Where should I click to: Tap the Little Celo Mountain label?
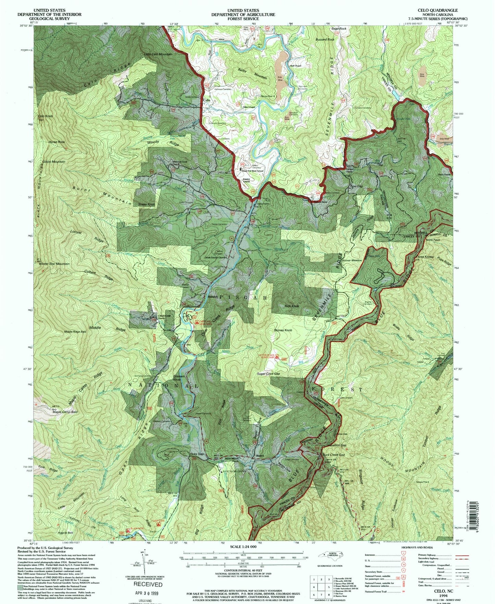158,54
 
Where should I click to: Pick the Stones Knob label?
283,330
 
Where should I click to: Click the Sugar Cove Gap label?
269,374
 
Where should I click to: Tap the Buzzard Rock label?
325,39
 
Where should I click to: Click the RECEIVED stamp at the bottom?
148,584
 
